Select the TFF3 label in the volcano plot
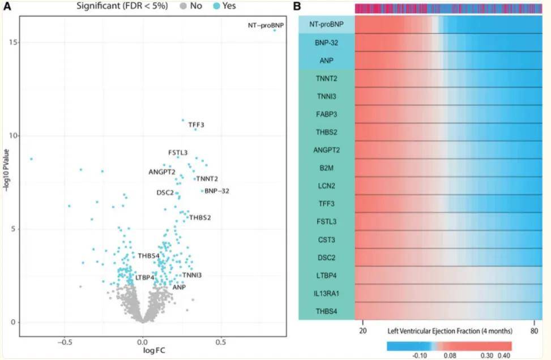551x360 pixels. [x=197, y=125]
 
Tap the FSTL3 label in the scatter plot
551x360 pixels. [x=177, y=153]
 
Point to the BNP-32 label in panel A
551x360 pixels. [x=217, y=191]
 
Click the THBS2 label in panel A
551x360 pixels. [x=200, y=217]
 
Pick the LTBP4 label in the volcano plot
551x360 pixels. [x=145, y=277]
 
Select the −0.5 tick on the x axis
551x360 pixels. [x=65, y=342]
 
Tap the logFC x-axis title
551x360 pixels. [x=143, y=352]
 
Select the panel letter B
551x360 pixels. [x=298, y=6]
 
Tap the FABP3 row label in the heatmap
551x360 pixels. [x=327, y=114]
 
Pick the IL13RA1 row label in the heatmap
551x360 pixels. [x=327, y=293]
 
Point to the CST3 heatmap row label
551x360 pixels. [x=327, y=239]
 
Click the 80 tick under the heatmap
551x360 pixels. [x=534, y=331]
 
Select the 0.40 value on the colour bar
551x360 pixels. [x=504, y=357]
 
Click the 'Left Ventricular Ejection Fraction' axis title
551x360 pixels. [x=450, y=331]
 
